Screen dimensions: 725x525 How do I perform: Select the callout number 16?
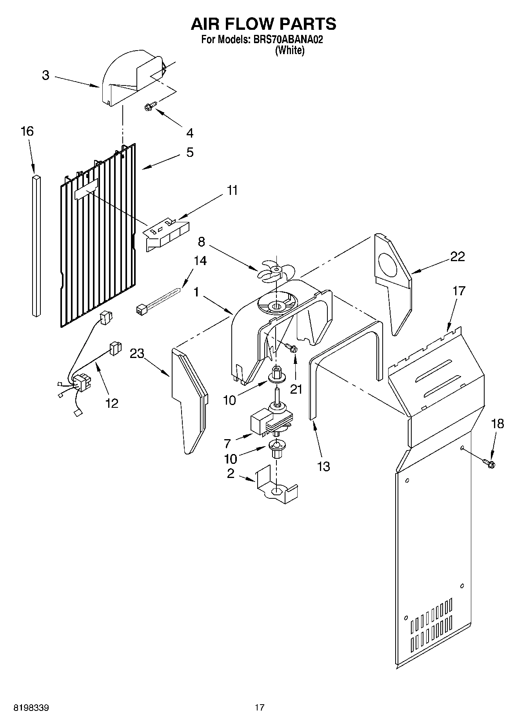[x=27, y=131]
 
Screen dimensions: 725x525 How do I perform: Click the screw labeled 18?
[x=490, y=463]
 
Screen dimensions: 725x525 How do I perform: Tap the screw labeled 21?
[x=292, y=347]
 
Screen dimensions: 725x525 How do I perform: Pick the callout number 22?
[x=457, y=256]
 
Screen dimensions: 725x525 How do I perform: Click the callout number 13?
[x=323, y=466]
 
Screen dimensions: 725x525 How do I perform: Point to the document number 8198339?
[x=31, y=708]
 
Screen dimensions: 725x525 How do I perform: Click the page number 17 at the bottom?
[x=259, y=707]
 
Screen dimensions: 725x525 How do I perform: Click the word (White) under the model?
[x=290, y=50]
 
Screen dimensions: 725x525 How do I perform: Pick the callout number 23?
[x=137, y=353]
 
